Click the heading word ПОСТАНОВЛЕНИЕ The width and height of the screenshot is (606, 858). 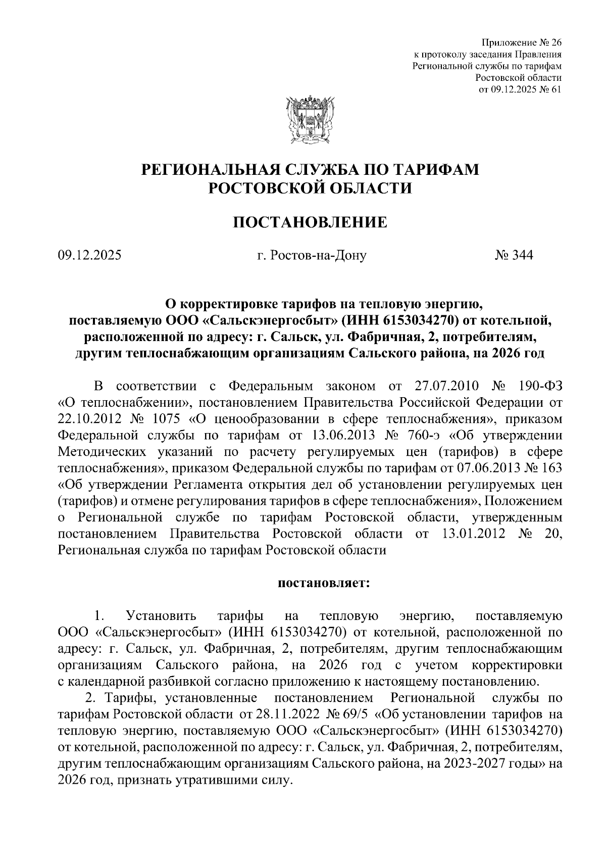pyautogui.click(x=310, y=222)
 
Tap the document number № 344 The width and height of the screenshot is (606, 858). pyautogui.click(x=514, y=255)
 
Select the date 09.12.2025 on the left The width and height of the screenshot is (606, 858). pyautogui.click(x=90, y=255)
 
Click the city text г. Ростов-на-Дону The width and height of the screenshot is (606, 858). pyautogui.click(x=312, y=255)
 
